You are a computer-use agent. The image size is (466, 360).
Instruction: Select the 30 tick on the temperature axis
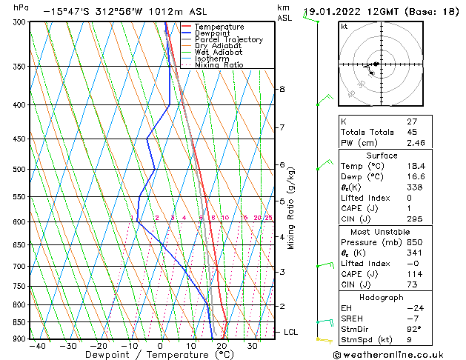(253, 346)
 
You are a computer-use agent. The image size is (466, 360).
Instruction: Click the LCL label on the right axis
(290, 332)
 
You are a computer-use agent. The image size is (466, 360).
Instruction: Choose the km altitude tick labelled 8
(282, 89)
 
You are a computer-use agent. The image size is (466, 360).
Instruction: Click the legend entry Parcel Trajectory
(228, 39)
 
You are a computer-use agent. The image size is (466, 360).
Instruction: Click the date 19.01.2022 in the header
(332, 12)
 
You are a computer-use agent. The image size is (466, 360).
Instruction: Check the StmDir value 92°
(415, 329)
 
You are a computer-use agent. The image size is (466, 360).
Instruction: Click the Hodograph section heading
(382, 296)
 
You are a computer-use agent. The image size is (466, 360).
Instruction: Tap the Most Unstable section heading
(382, 231)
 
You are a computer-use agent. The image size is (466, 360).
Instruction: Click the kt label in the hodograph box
(344, 26)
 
